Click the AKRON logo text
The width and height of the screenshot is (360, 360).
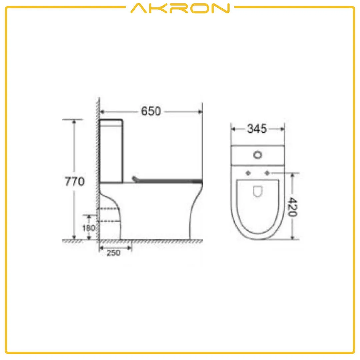(180, 8)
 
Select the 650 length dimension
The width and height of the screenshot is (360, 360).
(151, 111)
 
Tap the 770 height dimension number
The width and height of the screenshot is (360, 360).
(75, 182)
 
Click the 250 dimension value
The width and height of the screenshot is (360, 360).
(113, 253)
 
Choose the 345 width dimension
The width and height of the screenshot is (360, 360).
(257, 129)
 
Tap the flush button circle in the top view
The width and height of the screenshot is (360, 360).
(258, 155)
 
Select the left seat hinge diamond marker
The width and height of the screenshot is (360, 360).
(248, 173)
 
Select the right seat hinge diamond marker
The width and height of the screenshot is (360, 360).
(267, 173)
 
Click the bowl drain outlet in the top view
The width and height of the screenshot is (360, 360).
(257, 191)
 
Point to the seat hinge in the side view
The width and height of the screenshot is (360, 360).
(135, 179)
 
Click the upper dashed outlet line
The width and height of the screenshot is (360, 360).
(109, 208)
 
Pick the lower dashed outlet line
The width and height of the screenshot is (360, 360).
(109, 221)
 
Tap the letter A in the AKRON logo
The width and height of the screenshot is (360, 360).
(139, 8)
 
